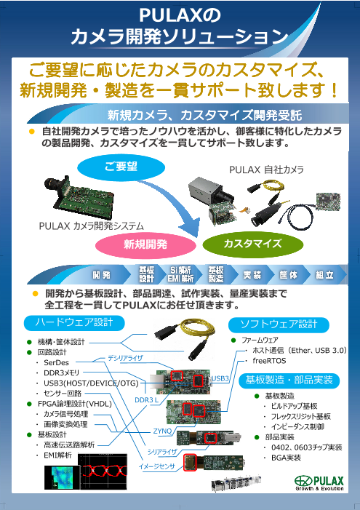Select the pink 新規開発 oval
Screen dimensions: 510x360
[145, 243]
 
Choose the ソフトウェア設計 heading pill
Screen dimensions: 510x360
[279, 324]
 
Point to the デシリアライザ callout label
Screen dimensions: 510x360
[125, 358]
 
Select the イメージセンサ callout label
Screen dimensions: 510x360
[156, 466]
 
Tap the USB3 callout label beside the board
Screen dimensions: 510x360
[220, 379]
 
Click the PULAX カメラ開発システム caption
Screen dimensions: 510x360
[91, 226]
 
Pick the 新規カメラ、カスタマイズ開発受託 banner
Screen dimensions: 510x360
[200, 115]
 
